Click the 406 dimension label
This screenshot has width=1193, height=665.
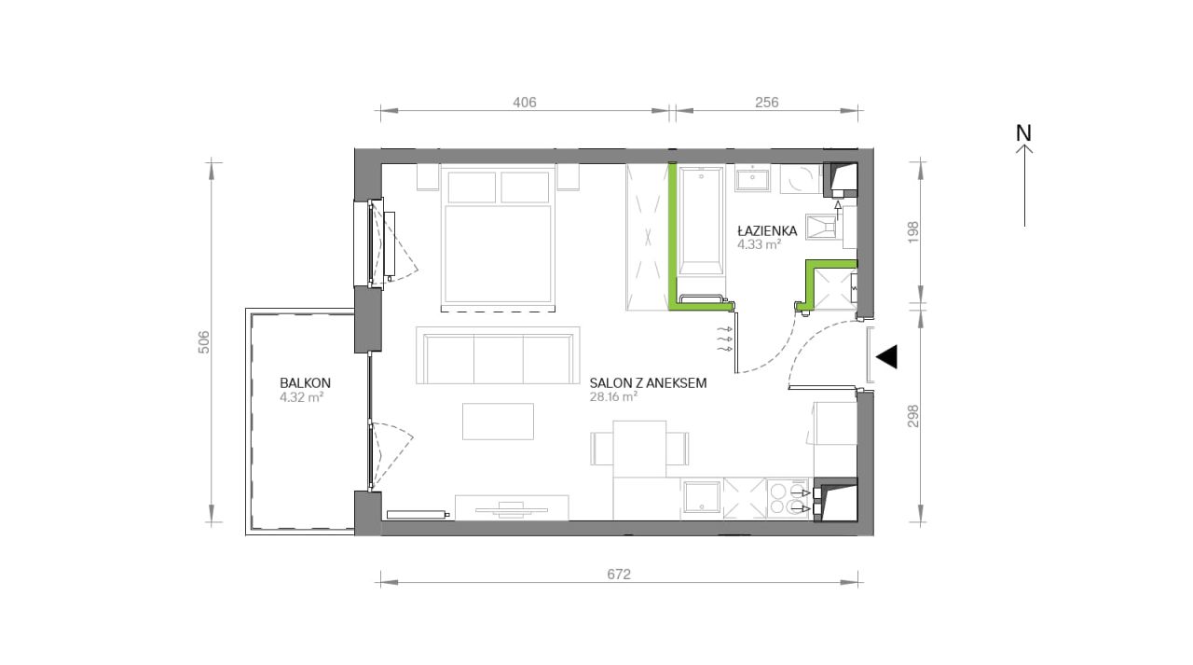[525, 102]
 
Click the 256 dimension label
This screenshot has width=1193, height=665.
[766, 102]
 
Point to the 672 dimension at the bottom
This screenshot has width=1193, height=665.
[619, 574]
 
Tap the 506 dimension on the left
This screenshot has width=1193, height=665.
[204, 342]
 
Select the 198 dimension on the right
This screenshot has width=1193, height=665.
[913, 232]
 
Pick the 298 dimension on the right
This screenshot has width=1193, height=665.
[913, 416]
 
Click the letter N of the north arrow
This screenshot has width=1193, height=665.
[1023, 132]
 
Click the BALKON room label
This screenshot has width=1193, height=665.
[305, 382]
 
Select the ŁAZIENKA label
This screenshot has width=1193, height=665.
[767, 230]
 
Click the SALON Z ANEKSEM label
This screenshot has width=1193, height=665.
[648, 382]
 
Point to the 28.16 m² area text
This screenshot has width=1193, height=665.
[613, 397]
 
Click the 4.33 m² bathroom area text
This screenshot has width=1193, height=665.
[759, 245]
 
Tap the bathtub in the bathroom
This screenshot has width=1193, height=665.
[702, 221]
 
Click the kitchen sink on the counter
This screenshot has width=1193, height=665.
[702, 498]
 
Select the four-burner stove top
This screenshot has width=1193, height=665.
[788, 499]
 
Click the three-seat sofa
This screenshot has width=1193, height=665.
[498, 355]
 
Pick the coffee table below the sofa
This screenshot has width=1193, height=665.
[498, 422]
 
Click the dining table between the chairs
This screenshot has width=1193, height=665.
[639, 449]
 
